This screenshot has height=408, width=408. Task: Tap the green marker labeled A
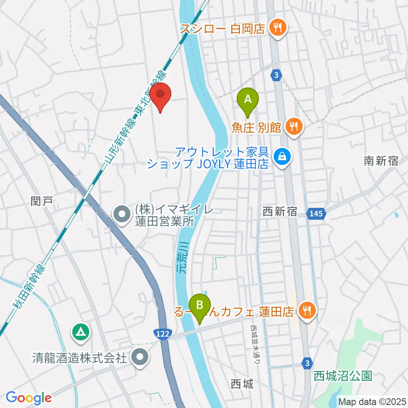[249, 100]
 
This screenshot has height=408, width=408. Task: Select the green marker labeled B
[201, 306]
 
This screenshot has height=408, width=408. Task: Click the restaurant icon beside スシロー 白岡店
[279, 29]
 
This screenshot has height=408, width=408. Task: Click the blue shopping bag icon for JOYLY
[282, 157]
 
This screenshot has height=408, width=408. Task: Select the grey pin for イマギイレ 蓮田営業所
[122, 214]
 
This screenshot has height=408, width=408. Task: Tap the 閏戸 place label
[42, 200]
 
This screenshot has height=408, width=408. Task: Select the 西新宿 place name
[280, 212]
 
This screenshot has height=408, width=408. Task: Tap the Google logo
[28, 397]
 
